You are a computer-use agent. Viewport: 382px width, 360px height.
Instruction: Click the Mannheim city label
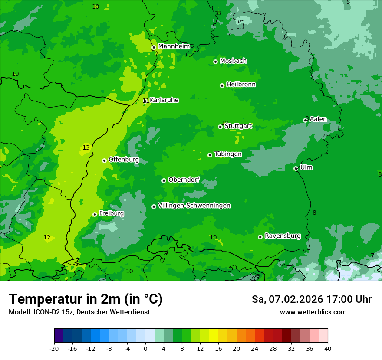174,46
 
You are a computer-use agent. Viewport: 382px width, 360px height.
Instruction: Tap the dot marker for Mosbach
215,62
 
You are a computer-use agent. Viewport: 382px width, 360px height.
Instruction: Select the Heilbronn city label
240,85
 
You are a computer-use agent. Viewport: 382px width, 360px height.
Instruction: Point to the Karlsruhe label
164,100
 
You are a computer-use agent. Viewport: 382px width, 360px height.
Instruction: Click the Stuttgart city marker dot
220,127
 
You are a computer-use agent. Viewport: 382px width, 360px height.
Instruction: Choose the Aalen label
318,119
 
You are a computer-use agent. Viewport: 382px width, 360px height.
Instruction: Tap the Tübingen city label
227,154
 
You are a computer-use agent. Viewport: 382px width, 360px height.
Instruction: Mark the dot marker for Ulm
296,168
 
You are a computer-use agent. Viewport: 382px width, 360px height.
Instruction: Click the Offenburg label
123,160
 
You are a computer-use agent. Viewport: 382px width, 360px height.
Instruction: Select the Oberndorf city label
184,180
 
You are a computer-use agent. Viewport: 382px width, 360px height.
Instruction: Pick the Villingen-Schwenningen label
194,206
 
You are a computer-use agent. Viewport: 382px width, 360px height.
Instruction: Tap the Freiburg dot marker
95,214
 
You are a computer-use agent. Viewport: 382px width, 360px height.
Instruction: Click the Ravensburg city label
282,236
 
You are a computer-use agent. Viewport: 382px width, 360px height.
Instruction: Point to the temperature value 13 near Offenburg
86,148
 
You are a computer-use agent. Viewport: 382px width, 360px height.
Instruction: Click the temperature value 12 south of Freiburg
47,237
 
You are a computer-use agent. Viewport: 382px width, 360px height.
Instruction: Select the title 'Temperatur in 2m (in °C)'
86,299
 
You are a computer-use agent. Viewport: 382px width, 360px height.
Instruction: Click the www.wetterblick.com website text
313,312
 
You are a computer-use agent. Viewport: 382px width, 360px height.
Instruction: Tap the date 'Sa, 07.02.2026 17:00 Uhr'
311,299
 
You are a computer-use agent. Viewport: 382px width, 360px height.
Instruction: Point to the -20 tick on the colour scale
54,348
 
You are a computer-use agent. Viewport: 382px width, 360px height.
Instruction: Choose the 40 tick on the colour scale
328,348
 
